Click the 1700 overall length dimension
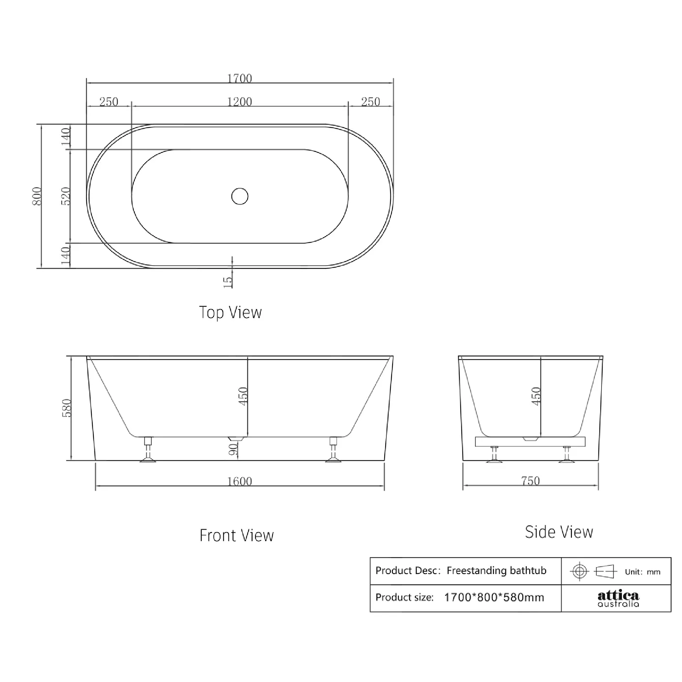point(239,78)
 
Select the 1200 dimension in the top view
point(239,102)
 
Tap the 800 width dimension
point(37,196)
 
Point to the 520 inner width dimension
point(66,196)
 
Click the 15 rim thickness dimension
point(228,282)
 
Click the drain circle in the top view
point(240,196)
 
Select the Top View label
point(230,312)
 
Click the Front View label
point(237,535)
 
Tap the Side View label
point(559,532)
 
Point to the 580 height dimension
point(66,408)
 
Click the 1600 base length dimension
point(239,481)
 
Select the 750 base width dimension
point(530,481)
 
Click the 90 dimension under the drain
point(233,449)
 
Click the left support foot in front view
point(148,451)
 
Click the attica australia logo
point(618,599)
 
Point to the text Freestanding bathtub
point(496,571)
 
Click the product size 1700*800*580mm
point(494,598)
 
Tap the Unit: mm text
point(642,572)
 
